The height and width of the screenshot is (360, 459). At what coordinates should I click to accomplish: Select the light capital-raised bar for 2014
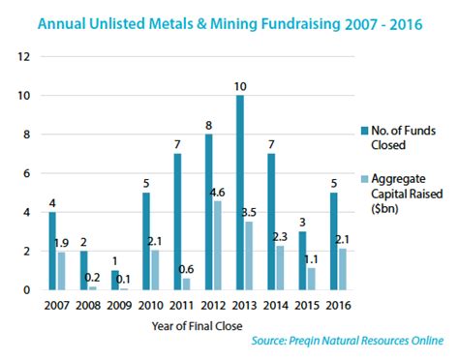click(x=280, y=267)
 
